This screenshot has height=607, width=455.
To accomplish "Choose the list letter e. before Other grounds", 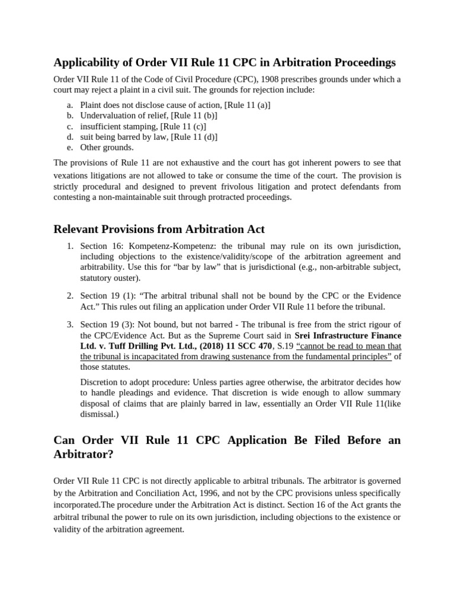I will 69,147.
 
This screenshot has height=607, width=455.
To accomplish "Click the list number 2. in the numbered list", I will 69,295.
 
